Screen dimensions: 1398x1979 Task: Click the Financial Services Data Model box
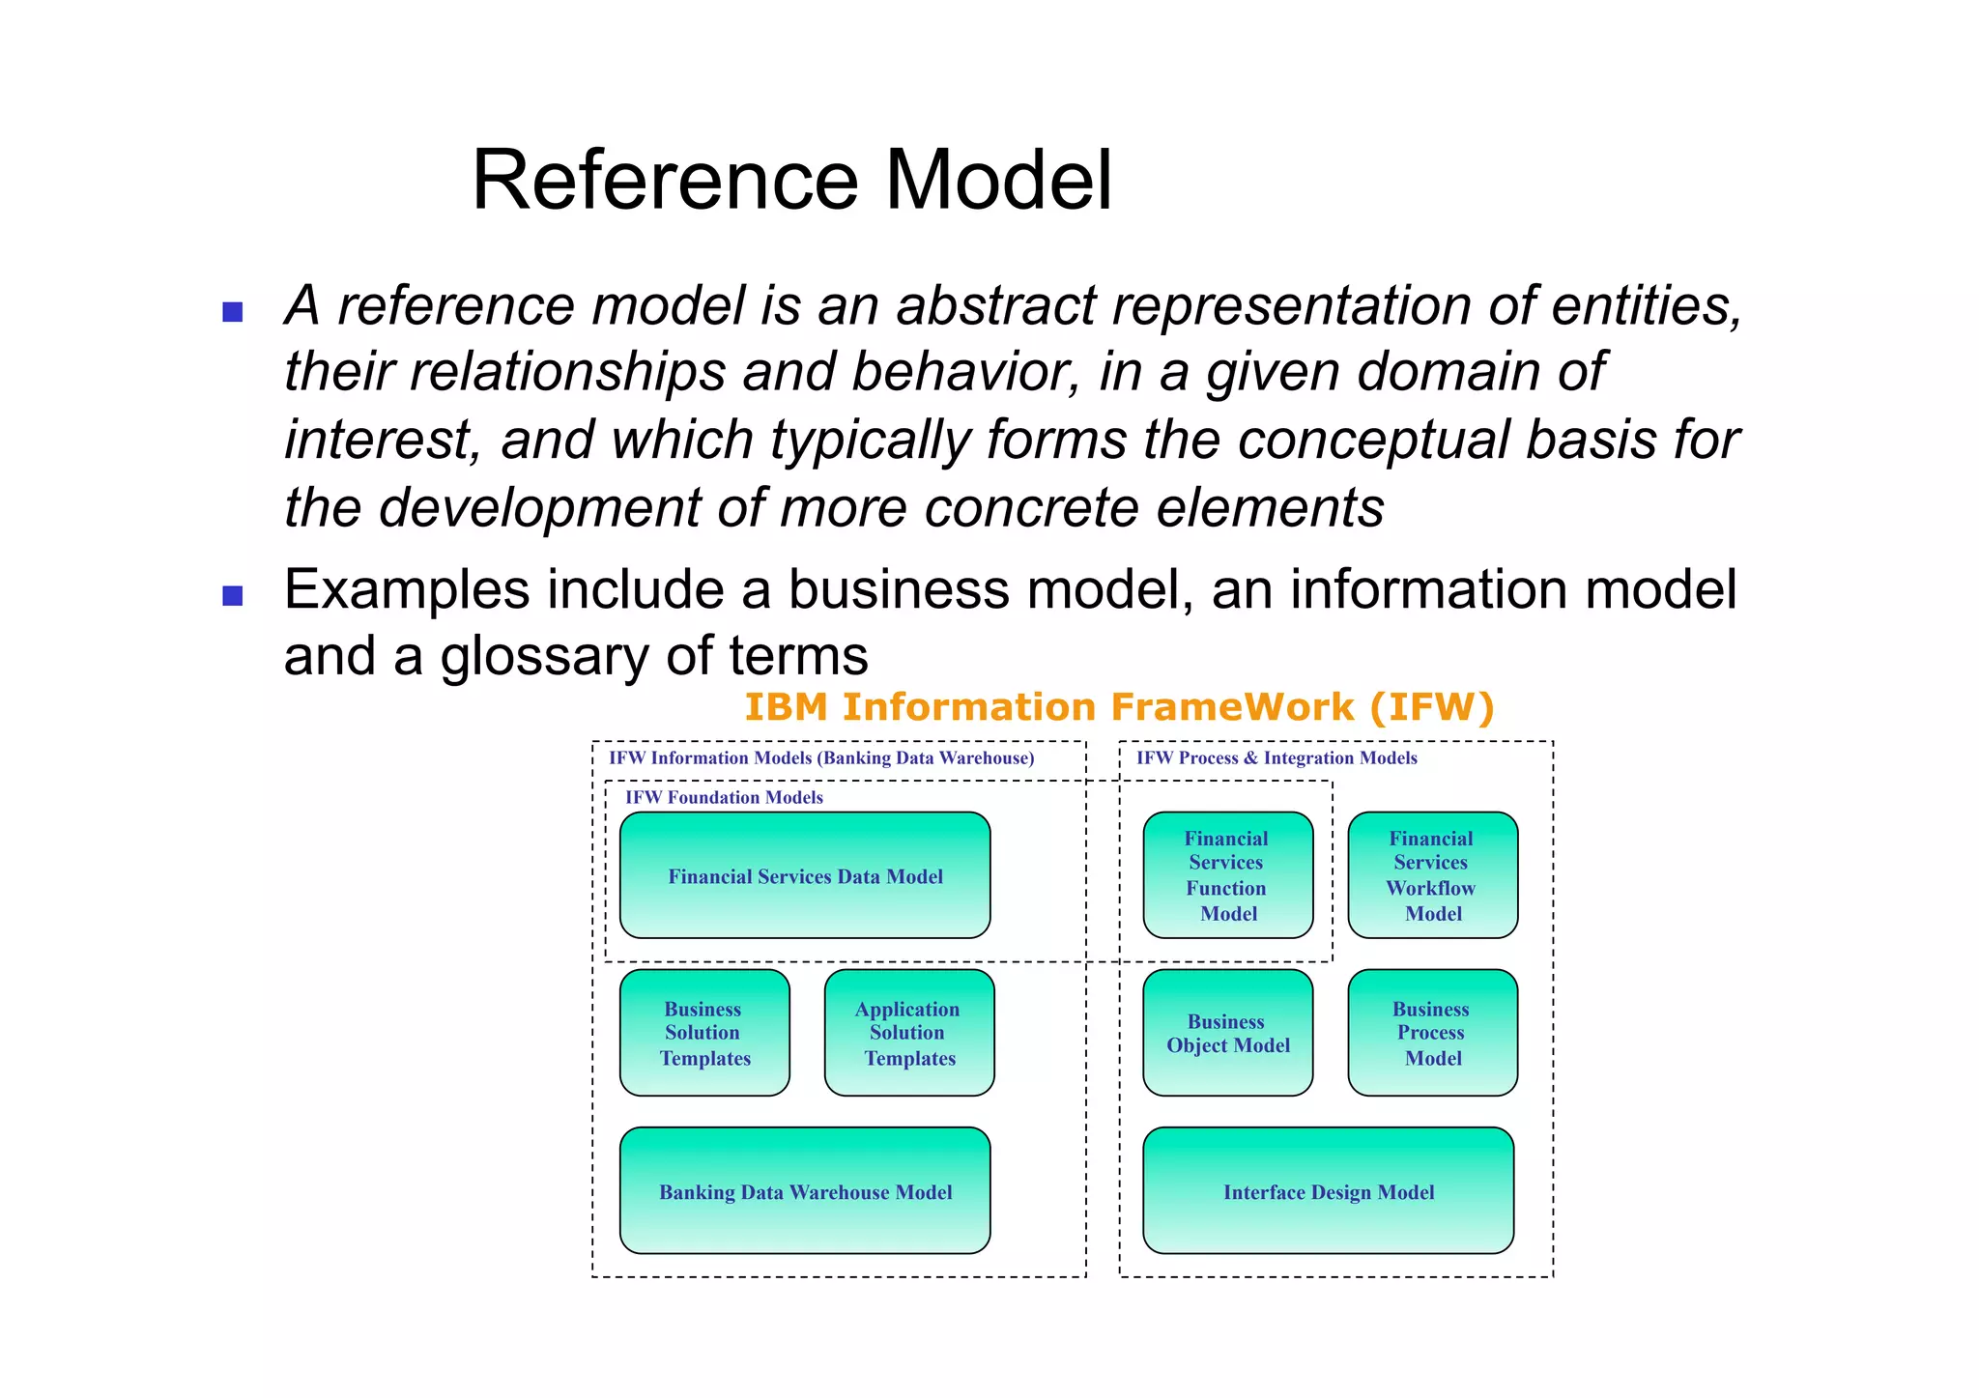805,875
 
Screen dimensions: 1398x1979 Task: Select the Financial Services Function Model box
1227,875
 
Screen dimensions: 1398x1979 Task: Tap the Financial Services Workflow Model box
1432,875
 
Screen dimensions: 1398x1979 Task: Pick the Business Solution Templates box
704,1033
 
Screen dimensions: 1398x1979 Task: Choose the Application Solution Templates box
908,1033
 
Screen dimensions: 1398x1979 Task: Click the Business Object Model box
1227,1033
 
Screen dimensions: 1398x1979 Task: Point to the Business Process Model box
1432,1033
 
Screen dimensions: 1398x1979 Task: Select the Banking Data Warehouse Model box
805,1190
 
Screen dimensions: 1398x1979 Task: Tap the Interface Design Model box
1328,1190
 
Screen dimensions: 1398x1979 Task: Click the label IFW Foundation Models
724,797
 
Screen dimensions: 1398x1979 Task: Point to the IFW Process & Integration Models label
1276,758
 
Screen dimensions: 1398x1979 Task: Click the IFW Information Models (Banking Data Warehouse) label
820,758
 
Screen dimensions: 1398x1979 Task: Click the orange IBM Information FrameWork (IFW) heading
1119,707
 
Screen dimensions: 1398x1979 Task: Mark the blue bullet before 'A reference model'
233,312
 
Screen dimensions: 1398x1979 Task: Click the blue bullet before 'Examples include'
233,595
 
